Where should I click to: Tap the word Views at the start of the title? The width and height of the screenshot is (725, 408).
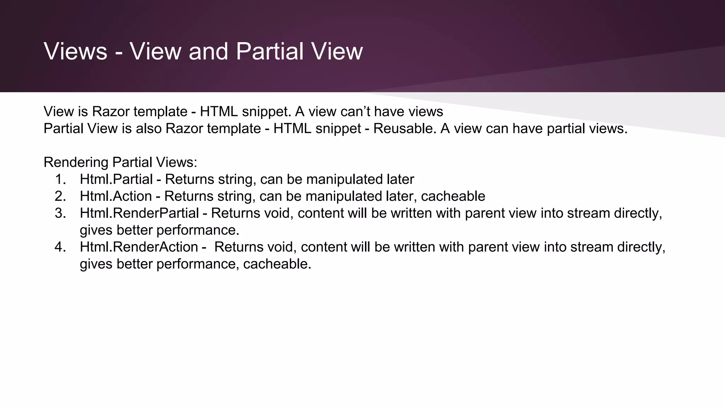75,51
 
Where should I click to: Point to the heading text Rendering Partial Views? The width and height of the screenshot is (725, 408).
120,162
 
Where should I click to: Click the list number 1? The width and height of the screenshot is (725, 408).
61,179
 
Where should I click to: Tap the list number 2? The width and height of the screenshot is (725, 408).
61,196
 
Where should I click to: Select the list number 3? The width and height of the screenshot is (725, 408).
61,213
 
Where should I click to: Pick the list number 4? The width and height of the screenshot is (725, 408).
61,247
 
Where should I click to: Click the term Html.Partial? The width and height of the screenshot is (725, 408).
116,179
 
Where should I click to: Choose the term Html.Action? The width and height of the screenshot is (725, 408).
116,196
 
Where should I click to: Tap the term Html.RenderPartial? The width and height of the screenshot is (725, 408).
139,213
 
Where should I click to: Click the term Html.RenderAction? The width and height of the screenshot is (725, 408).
139,247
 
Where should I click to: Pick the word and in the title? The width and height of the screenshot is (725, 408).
208,51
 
